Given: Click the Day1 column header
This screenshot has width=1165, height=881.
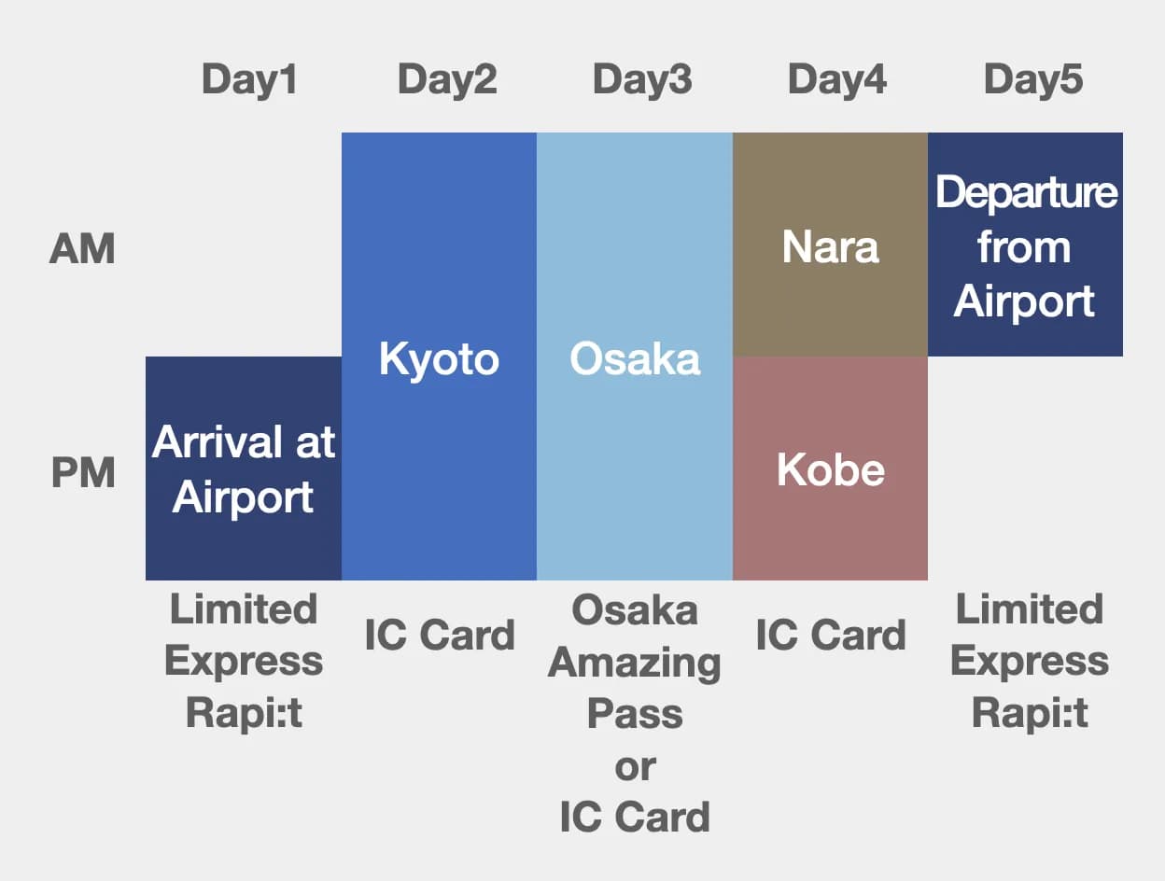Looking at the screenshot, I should click(x=249, y=80).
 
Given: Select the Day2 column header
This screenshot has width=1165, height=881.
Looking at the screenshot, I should click(x=447, y=80).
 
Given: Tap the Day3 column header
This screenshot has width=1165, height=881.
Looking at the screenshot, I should click(x=642, y=80).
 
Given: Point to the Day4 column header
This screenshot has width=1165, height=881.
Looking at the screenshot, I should click(x=837, y=80).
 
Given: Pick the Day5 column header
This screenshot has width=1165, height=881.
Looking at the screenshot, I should click(x=1033, y=80).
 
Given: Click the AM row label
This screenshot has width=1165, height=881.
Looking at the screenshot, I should click(x=82, y=249).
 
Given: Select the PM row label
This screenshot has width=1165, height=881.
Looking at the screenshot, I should click(x=82, y=473).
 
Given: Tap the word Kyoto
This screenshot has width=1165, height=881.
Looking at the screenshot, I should click(x=439, y=359).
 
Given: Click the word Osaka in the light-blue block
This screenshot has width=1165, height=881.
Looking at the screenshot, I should click(x=635, y=359).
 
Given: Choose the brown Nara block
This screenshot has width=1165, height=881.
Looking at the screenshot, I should click(x=830, y=245).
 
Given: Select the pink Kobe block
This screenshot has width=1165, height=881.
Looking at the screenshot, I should click(x=830, y=468).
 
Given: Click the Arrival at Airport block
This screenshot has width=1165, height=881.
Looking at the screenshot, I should click(x=244, y=468).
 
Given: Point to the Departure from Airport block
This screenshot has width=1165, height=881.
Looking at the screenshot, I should click(x=1025, y=245).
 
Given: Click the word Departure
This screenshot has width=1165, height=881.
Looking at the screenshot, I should click(x=1026, y=193).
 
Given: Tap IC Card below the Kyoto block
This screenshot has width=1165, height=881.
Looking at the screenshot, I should click(x=439, y=636).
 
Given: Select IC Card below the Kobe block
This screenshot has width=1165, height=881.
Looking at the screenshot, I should click(x=830, y=636).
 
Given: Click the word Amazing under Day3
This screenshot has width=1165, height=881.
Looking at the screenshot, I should click(x=635, y=663).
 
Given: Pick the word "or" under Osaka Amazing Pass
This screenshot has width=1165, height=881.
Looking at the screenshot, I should click(x=635, y=766).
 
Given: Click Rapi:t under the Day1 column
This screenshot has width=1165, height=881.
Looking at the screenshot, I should click(x=244, y=714).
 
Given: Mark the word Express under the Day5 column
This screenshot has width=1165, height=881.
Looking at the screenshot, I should click(x=1030, y=662).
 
